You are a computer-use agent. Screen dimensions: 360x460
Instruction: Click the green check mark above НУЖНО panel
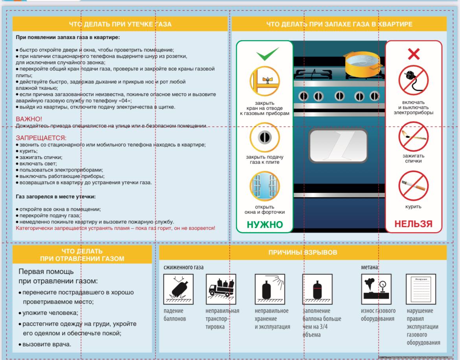click(265, 54)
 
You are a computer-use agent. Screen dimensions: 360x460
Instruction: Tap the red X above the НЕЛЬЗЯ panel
click(413, 54)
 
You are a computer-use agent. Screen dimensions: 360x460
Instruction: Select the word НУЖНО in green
click(265, 225)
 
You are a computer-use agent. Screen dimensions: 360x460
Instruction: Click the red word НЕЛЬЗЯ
click(413, 224)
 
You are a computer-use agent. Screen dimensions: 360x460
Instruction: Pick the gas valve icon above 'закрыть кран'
click(265, 82)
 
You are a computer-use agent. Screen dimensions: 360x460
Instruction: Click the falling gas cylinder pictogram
click(178, 288)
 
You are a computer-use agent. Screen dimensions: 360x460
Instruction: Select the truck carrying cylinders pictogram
click(221, 288)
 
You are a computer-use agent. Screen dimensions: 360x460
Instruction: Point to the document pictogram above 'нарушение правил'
click(420, 288)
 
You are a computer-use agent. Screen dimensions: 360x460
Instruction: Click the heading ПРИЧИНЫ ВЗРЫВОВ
click(303, 253)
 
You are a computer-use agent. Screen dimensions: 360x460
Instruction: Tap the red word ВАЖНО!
click(29, 119)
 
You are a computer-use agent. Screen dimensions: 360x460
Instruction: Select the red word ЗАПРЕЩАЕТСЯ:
click(41, 138)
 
